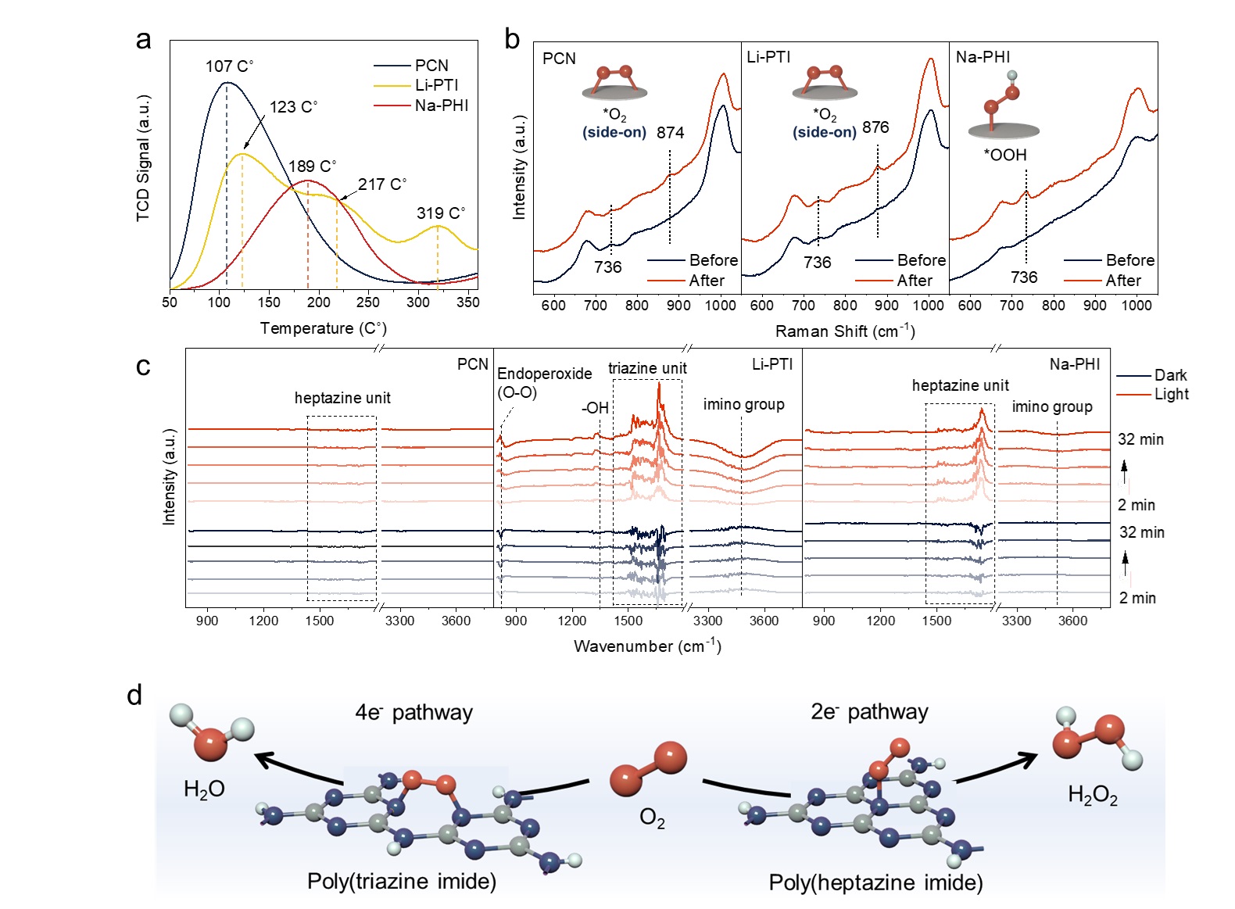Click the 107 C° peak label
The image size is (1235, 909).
tap(229, 66)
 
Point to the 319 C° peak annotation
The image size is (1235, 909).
tap(440, 213)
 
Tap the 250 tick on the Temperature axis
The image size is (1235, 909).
tap(368, 303)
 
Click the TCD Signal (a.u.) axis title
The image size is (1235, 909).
tap(143, 158)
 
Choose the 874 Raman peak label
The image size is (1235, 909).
tap(670, 133)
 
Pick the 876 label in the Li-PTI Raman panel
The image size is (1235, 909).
tap(875, 127)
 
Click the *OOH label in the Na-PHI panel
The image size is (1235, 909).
tap(1004, 155)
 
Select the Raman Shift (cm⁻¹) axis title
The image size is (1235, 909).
tap(844, 331)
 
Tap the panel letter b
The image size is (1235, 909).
tap(512, 39)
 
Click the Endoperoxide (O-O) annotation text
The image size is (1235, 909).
tap(544, 382)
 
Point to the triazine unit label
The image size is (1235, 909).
tap(647, 368)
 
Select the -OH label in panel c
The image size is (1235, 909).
tap(595, 408)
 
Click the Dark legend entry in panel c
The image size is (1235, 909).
tap(1170, 375)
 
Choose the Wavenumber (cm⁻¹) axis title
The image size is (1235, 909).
tap(647, 646)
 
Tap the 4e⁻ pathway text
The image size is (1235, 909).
tap(413, 712)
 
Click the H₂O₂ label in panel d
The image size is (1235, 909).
tap(1092, 796)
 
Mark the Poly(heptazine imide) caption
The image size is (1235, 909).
tap(875, 882)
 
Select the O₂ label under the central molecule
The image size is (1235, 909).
tap(652, 818)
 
